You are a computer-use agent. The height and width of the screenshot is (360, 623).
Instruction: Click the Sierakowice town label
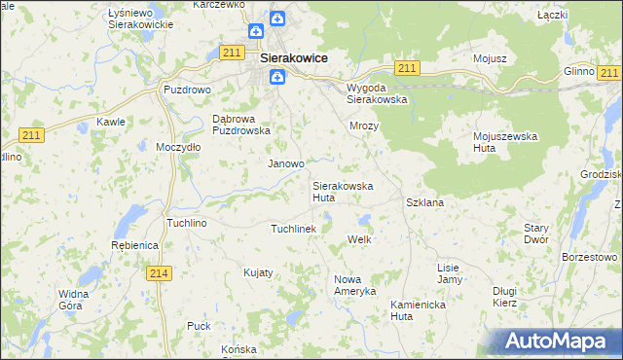coord(293,58)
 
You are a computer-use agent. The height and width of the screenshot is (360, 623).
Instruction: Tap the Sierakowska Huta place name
coord(338,191)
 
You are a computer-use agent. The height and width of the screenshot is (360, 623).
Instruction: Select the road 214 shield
coord(162,274)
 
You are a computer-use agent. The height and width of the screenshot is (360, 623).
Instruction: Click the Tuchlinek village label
coord(293,229)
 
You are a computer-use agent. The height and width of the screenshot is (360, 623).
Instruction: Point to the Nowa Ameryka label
coord(354,285)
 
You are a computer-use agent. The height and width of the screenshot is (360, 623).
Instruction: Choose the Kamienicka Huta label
coord(416,309)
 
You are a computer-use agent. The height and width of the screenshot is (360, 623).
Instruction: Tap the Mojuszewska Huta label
coord(505,143)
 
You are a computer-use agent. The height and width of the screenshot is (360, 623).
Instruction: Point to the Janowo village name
coord(286,164)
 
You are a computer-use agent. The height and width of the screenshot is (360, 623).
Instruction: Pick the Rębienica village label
coord(134,246)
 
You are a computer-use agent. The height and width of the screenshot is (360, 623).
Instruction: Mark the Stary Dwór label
coord(536,234)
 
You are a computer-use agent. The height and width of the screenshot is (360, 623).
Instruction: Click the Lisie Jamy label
coord(449,273)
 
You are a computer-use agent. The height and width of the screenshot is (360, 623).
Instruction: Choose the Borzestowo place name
coord(590,257)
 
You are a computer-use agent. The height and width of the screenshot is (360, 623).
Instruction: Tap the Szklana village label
coord(424,202)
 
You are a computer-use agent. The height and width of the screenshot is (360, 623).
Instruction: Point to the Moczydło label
coord(178,147)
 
